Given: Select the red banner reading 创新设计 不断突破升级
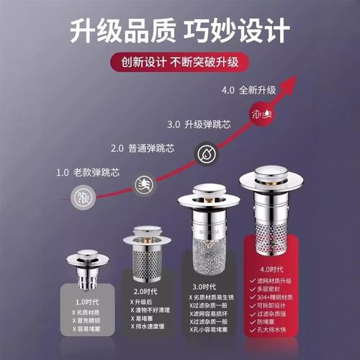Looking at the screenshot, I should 179,61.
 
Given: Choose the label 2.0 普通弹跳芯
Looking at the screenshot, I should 141,149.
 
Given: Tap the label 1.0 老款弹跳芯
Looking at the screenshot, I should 86,173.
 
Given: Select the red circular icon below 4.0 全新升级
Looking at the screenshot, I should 261,113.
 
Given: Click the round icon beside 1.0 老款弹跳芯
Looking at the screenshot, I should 84,196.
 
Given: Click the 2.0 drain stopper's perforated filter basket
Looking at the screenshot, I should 144,263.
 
